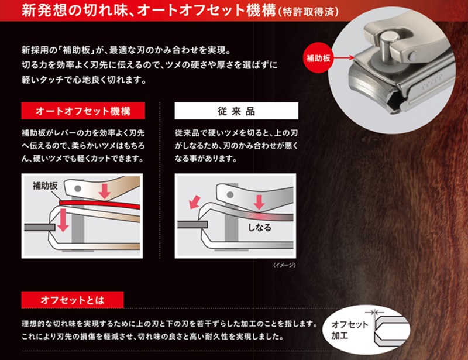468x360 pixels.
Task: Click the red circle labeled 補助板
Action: [x=318, y=58]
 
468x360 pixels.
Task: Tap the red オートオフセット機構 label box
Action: [x=83, y=111]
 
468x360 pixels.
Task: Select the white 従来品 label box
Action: [x=236, y=111]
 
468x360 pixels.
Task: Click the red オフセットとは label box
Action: [x=72, y=300]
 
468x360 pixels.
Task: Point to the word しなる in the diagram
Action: [x=260, y=228]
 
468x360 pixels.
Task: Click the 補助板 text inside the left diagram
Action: [x=45, y=186]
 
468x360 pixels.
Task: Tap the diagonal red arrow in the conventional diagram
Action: [x=194, y=202]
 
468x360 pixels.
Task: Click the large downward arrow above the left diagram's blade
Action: [x=63, y=220]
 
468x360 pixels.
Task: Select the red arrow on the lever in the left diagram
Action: [x=105, y=191]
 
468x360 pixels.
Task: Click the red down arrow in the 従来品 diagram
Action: [x=259, y=202]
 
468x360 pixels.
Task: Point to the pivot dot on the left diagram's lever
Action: [x=78, y=188]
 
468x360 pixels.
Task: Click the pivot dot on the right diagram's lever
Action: [x=230, y=195]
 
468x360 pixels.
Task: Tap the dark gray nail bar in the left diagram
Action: [x=39, y=227]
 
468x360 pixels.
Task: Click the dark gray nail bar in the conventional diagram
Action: [x=192, y=225]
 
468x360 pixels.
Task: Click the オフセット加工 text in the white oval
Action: [x=349, y=330]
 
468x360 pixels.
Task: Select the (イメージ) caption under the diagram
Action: [x=284, y=265]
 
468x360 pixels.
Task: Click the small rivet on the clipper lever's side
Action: [x=413, y=55]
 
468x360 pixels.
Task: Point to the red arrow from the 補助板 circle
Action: [x=344, y=58]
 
